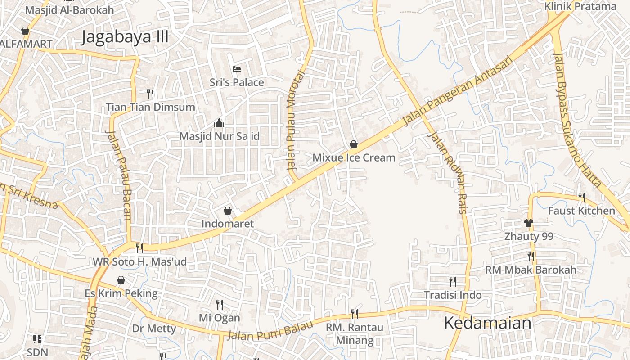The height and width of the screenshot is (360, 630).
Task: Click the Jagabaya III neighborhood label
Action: pos(125,37)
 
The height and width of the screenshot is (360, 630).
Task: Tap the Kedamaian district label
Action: pos(487,323)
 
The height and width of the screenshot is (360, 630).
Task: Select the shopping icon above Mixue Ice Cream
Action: pos(354,144)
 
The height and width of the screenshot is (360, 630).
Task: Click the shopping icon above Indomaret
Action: pos(228,211)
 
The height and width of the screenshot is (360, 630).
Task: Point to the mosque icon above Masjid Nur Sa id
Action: pos(219,122)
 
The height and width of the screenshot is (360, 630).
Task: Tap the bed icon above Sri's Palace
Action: pos(237,69)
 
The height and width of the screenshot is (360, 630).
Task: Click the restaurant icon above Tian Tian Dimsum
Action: pos(150,94)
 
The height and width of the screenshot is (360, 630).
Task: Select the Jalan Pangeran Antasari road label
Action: pos(458,91)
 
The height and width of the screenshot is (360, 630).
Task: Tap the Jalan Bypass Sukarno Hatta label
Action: pos(577,120)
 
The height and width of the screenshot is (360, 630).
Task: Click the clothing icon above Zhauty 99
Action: pos(528,223)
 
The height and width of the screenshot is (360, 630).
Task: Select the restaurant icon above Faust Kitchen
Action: pos(581,197)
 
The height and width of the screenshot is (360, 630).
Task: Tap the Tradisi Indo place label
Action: pos(453,295)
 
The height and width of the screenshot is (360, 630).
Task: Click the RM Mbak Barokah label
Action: pos(531,270)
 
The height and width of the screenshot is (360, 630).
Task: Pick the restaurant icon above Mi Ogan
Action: pos(220,305)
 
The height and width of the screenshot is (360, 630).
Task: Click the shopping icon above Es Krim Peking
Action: pos(121,280)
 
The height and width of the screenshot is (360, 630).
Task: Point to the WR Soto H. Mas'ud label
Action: pos(139,261)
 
